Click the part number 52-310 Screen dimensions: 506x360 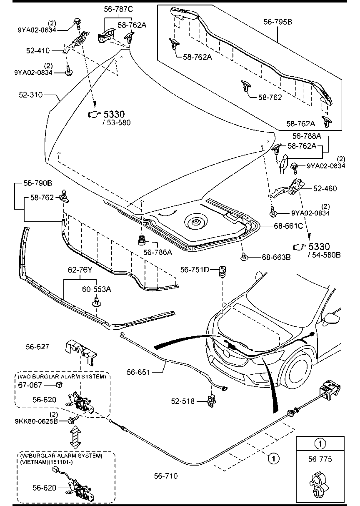point(30,95)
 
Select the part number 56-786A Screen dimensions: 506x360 point(157,252)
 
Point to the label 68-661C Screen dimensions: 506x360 point(288,226)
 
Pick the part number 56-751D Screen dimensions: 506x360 point(195,270)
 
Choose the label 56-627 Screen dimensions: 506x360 point(37,346)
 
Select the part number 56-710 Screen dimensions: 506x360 point(166,475)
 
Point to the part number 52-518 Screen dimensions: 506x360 point(182,401)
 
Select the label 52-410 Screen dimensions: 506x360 point(37,51)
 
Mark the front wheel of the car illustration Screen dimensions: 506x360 point(300,371)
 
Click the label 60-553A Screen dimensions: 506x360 point(96,289)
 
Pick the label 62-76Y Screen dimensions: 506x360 point(80,270)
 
